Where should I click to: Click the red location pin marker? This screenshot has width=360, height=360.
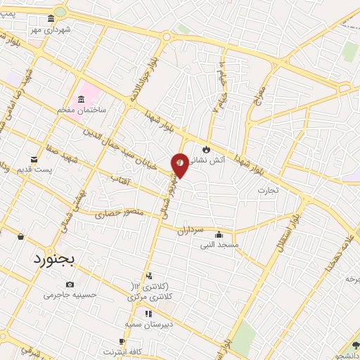pos(180,165)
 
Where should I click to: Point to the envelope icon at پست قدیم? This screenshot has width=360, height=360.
pos(34,160)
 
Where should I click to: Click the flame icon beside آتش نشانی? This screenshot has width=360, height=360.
pos(205,149)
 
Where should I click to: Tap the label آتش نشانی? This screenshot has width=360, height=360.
pos(209,160)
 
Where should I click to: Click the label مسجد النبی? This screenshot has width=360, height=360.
pos(219,245)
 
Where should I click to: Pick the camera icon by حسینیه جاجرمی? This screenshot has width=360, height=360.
pos(69,284)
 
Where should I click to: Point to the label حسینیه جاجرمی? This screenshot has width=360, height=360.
pos(70,295)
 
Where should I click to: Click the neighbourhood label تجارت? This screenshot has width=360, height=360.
pos(268,190)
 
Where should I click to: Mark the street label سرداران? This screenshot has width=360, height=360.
pos(190,230)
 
